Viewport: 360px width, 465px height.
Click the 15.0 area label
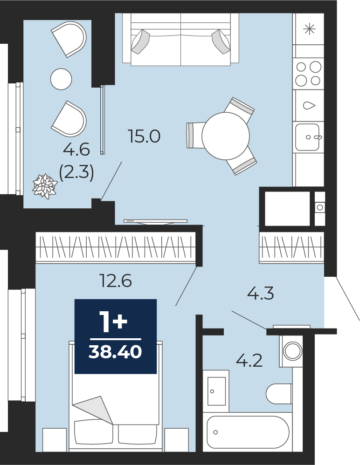[x=144, y=137]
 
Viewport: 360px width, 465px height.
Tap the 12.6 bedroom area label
[x=116, y=280]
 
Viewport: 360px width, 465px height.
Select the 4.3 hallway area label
[x=260, y=293]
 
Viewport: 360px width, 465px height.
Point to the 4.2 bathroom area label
[x=249, y=361]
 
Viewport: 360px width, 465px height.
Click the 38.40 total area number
[x=115, y=352]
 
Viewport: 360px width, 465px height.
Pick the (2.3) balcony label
[x=76, y=172]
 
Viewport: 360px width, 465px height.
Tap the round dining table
[x=226, y=136]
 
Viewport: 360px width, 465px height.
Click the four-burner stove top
[x=308, y=73]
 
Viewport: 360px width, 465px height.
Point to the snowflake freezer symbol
[x=309, y=29]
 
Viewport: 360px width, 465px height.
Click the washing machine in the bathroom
[x=291, y=351]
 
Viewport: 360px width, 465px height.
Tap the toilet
[x=279, y=394]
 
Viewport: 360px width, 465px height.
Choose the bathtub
[x=248, y=432]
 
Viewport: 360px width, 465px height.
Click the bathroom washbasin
[x=216, y=391]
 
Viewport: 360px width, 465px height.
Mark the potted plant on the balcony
[x=45, y=186]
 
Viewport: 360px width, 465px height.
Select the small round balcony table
[x=61, y=79]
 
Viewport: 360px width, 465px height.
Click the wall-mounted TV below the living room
[x=155, y=222]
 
